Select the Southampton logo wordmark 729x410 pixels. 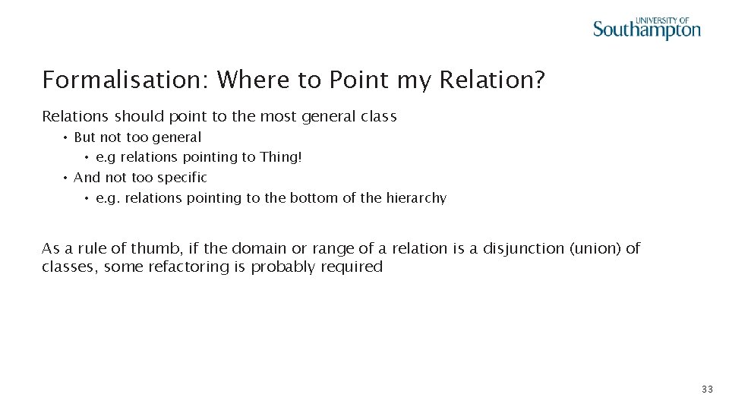pos(646,30)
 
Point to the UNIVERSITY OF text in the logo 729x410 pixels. pos(661,20)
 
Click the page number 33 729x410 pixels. pos(707,389)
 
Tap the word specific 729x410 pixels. pos(181,178)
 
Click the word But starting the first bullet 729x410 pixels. pos(85,137)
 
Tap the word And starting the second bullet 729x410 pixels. pos(87,178)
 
